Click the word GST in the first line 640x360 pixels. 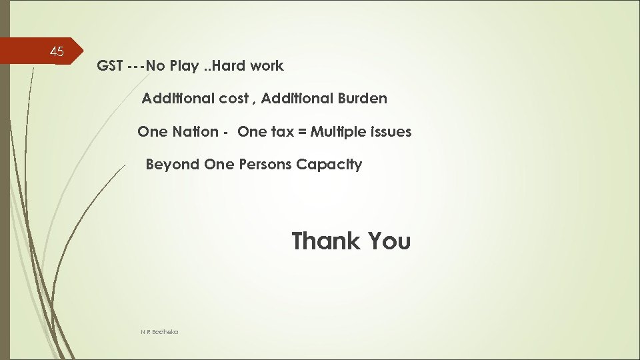click(109, 66)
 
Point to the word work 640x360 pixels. click(268, 66)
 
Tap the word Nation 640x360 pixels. click(195, 132)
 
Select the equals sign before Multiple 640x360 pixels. click(303, 132)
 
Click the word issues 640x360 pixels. click(393, 132)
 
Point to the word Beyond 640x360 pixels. click(172, 165)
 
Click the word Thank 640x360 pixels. click(325, 241)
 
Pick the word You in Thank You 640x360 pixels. click(387, 241)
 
